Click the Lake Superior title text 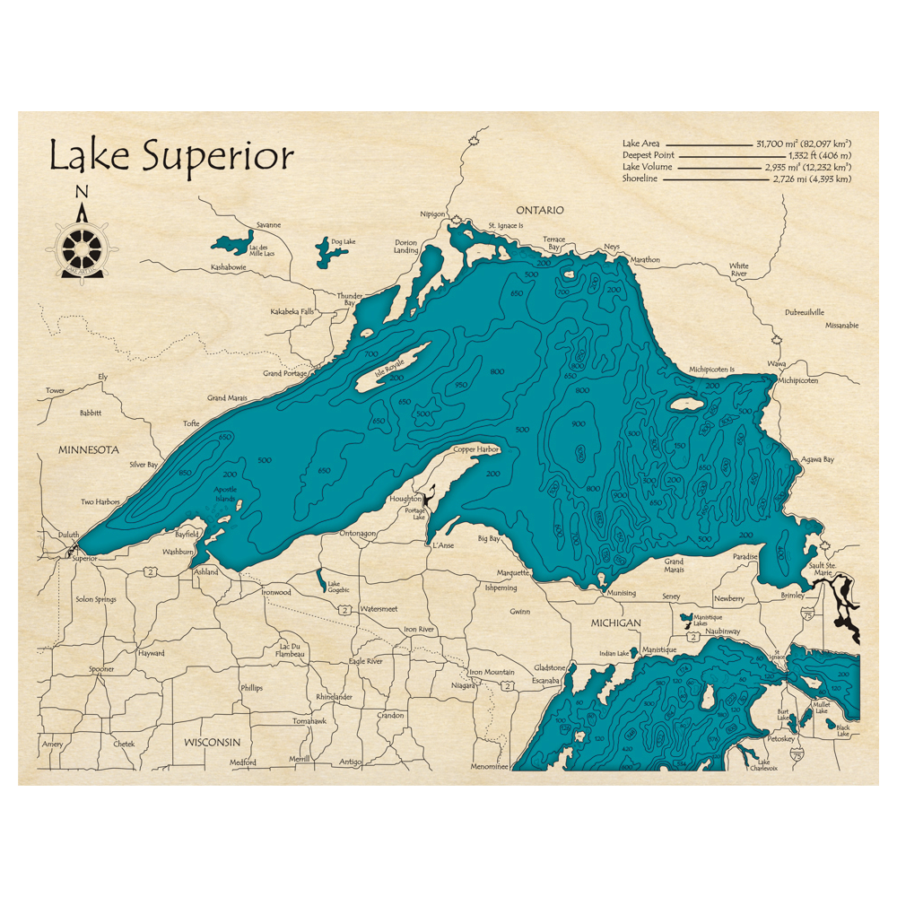170,156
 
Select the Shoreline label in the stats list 640,179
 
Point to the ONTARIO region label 539,210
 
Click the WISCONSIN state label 213,743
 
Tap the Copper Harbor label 475,448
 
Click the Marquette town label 513,573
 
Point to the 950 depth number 462,385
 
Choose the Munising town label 621,593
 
